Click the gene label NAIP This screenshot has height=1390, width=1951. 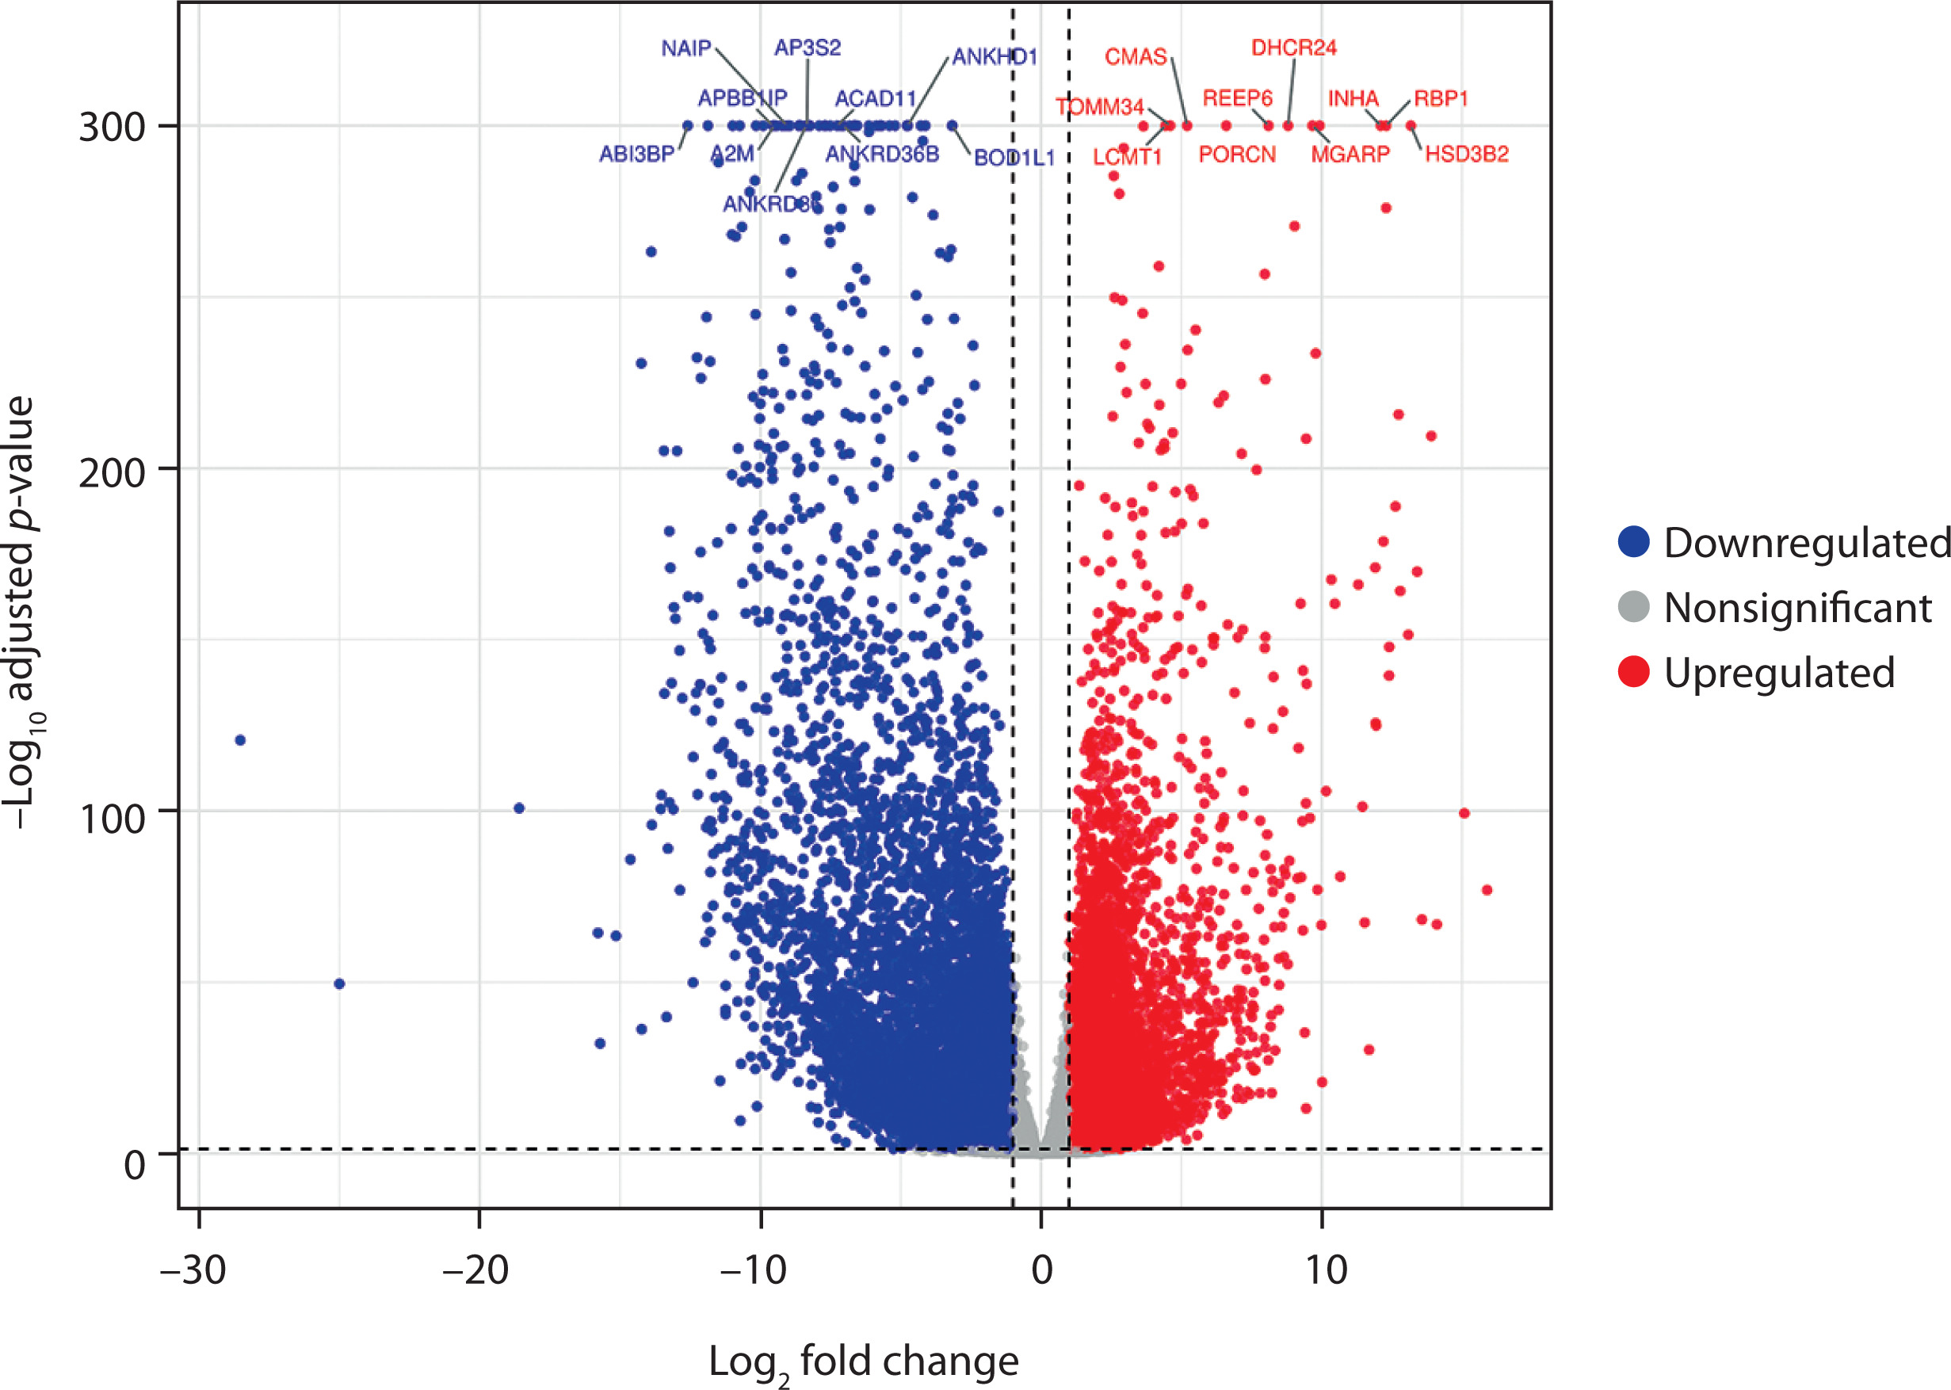(685, 48)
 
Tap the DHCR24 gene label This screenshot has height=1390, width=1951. (1293, 48)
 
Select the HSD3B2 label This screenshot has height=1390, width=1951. (1466, 154)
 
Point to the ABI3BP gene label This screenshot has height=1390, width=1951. (636, 154)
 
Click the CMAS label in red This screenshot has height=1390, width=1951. (1136, 56)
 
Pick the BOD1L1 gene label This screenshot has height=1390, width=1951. (1014, 158)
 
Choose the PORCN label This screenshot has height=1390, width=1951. (1236, 154)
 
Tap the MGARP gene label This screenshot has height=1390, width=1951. (1350, 154)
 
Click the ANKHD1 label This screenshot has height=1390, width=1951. (995, 56)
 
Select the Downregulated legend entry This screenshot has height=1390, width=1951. (1805, 543)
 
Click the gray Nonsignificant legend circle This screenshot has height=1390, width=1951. (1633, 607)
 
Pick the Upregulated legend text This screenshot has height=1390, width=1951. (1778, 672)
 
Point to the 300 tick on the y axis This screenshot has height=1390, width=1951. (112, 128)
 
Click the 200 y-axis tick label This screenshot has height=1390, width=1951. (112, 472)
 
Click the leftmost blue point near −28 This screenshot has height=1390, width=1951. (240, 739)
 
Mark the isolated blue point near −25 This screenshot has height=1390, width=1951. (339, 983)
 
